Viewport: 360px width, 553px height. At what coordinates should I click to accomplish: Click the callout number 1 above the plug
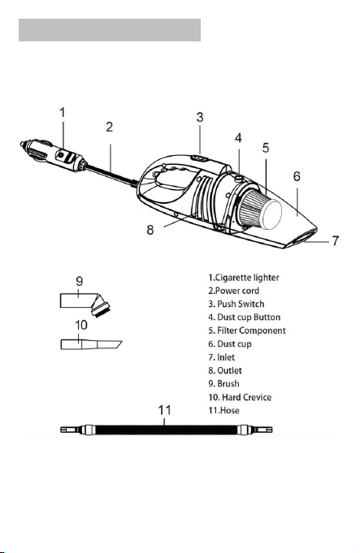click(x=63, y=113)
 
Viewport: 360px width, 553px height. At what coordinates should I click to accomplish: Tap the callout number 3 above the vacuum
click(x=200, y=117)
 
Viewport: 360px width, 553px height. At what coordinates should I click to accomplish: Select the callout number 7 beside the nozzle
click(x=336, y=240)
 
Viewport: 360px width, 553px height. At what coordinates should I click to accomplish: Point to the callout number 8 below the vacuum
click(x=150, y=230)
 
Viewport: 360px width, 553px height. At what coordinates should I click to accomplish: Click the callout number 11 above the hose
click(x=164, y=410)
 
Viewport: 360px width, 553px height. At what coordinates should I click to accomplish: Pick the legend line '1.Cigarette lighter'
click(x=244, y=278)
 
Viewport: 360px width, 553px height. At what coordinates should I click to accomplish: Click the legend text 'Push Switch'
click(x=241, y=304)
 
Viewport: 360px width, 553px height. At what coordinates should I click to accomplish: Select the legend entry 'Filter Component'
click(x=251, y=331)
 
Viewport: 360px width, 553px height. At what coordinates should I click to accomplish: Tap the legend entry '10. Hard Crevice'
click(x=240, y=397)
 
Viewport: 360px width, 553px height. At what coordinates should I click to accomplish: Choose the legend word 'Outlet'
click(x=230, y=370)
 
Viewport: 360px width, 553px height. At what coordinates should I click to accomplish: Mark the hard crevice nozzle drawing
click(x=91, y=344)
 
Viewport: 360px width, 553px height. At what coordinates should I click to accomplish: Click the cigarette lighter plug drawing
click(x=53, y=156)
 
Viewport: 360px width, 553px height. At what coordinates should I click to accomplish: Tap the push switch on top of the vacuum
click(x=199, y=158)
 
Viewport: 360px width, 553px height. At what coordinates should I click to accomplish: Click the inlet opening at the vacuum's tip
click(x=303, y=236)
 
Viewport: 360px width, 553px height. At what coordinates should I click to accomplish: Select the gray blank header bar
click(x=110, y=30)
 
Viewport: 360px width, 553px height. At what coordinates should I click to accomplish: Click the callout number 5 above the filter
click(x=266, y=148)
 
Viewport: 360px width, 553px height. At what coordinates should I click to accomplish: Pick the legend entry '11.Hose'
click(x=223, y=411)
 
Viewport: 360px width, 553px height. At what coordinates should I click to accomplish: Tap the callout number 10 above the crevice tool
click(x=81, y=325)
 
